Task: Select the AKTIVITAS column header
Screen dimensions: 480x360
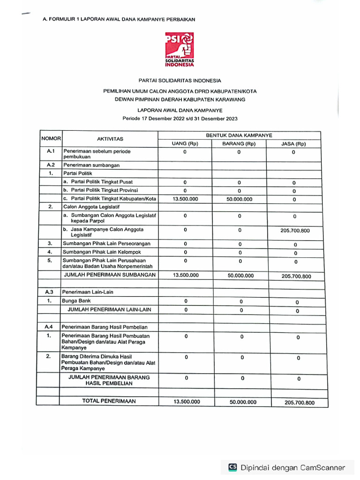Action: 110,139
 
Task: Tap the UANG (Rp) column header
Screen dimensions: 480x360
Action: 185,143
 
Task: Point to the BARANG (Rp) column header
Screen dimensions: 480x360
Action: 239,143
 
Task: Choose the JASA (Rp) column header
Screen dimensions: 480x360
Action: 293,144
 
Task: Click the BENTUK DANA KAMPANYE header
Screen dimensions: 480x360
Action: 239,135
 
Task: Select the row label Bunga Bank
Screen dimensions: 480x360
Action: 77,301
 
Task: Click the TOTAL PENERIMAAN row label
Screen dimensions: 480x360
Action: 109,401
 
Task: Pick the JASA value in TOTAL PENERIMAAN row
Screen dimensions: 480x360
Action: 299,403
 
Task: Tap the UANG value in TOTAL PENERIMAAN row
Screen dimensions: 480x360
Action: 187,402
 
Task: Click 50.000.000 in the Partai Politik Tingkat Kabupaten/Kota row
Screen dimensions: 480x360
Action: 239,199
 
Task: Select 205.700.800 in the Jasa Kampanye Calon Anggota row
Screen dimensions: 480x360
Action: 295,231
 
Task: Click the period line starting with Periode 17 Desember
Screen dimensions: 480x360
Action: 180,118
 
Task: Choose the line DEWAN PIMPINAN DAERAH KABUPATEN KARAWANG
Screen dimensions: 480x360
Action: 180,99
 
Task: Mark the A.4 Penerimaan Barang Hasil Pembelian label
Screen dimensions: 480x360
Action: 104,327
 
